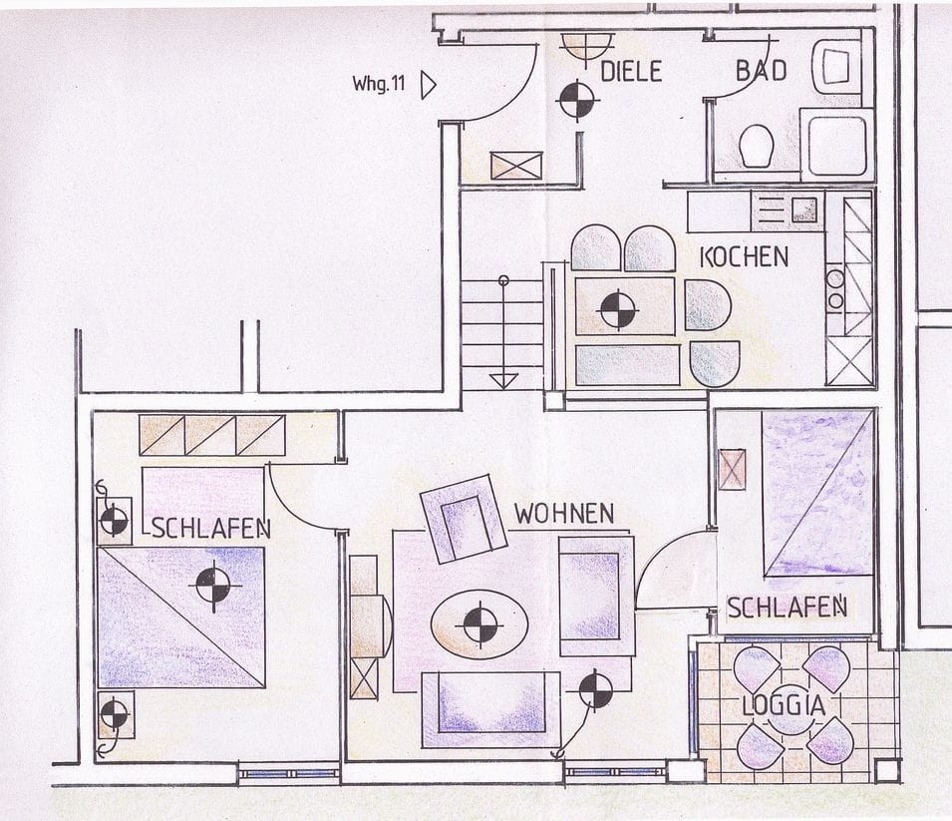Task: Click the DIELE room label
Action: coord(632,71)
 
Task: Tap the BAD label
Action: coord(761,70)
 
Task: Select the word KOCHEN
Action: coord(744,256)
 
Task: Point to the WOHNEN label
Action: coord(563,514)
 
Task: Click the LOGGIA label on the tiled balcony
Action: coord(784,705)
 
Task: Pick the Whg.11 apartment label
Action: coord(378,84)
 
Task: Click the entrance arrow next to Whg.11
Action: coord(429,85)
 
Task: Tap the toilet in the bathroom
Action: coord(757,147)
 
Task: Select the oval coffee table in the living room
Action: coord(479,624)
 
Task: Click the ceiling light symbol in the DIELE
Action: coord(576,100)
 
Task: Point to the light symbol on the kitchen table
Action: coord(617,308)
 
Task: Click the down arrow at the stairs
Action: coord(504,379)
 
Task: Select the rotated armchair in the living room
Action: coord(465,517)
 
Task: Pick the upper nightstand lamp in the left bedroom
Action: coord(114,520)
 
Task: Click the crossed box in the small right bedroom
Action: coord(732,469)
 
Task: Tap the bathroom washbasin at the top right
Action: coord(835,67)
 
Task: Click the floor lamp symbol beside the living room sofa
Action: coord(595,690)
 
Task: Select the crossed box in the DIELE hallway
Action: coord(516,166)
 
